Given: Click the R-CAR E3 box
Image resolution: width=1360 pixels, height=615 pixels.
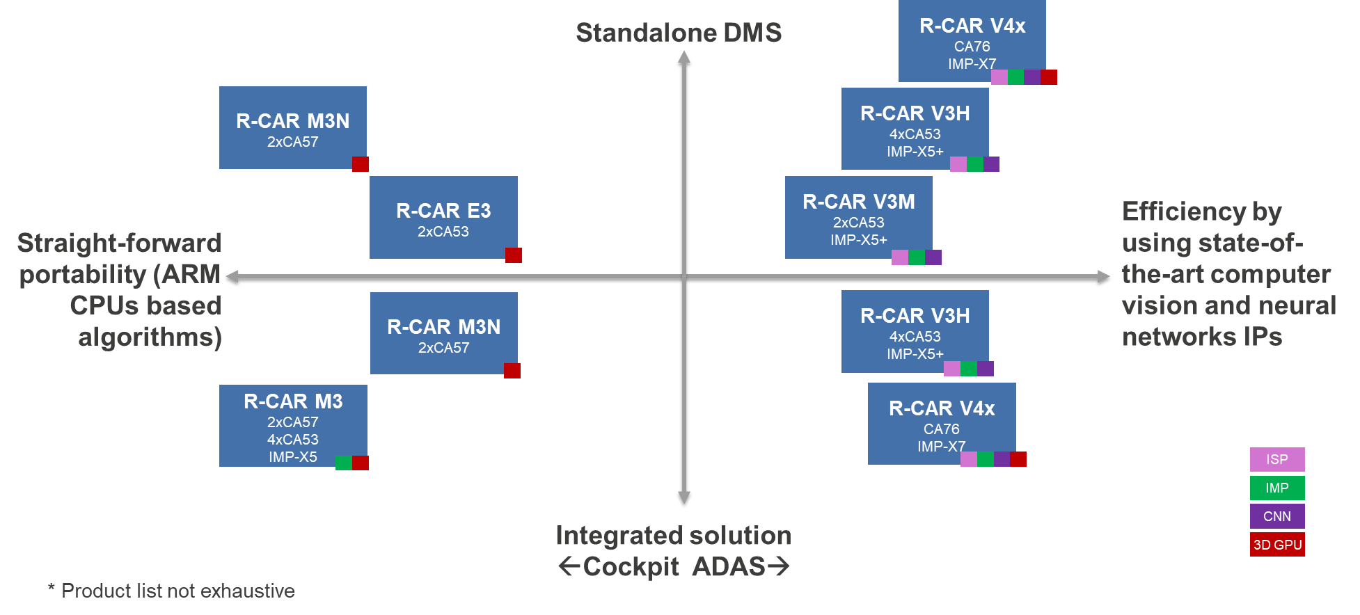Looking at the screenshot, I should [x=443, y=217].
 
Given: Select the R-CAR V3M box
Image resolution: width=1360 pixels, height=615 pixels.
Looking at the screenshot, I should [x=858, y=217].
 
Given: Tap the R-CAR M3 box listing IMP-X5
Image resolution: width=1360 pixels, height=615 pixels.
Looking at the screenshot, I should [x=292, y=426].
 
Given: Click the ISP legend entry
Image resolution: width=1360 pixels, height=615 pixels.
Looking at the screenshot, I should [x=1276, y=459].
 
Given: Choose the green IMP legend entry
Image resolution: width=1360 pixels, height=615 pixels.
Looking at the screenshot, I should [x=1276, y=488].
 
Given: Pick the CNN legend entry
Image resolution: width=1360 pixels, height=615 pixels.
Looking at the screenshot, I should [x=1276, y=516].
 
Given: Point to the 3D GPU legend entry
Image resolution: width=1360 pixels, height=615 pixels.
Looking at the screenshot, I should [x=1276, y=545].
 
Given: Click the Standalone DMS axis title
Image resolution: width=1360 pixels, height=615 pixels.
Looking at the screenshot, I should [x=679, y=33].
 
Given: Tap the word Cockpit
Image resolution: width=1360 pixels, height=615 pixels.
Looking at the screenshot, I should [x=631, y=567].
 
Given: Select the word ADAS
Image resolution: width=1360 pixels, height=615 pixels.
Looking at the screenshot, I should [x=729, y=567].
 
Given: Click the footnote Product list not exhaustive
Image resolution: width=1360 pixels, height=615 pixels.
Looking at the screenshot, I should [x=178, y=591].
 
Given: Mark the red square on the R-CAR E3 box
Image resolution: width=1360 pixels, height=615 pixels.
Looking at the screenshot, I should [x=514, y=255].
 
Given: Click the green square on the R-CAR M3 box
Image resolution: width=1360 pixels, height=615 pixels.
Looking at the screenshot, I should [x=344, y=463].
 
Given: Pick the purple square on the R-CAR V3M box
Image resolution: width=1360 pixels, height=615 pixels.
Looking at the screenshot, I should [x=933, y=257].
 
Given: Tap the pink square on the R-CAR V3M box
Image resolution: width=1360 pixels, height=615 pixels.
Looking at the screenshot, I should [x=900, y=257].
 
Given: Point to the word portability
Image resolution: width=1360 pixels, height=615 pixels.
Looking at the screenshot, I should [x=82, y=274].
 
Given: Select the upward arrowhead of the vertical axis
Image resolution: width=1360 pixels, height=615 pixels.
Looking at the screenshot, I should [x=684, y=56].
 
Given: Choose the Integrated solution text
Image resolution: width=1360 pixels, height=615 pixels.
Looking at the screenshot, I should [x=673, y=536].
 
